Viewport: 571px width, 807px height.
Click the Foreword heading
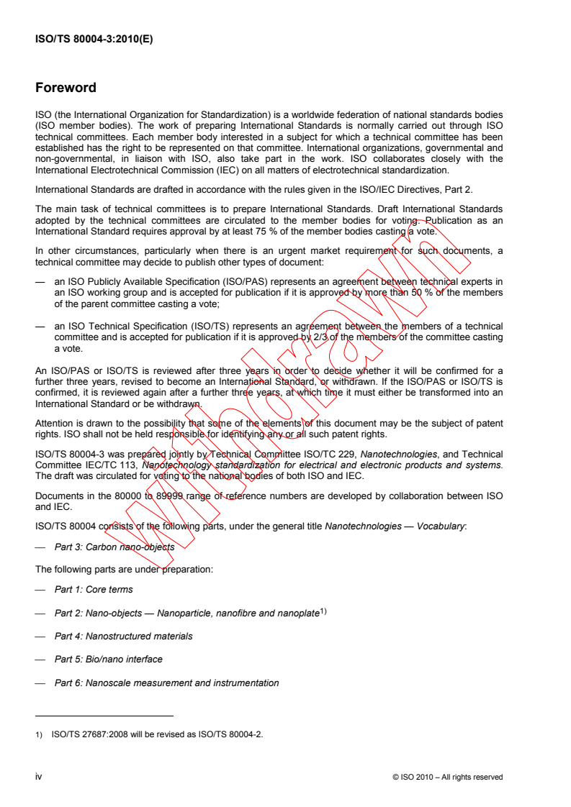click(x=66, y=88)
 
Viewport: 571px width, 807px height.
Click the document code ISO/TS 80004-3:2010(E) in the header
click(x=94, y=40)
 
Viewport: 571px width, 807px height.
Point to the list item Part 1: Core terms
click(x=94, y=590)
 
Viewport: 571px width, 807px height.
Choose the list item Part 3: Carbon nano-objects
click(x=114, y=547)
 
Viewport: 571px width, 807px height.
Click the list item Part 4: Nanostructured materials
click(x=123, y=636)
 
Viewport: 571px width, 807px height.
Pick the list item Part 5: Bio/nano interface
click(x=108, y=659)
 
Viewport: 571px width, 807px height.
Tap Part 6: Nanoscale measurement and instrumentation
click(x=166, y=683)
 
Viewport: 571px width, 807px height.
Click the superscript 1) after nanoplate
click(x=323, y=611)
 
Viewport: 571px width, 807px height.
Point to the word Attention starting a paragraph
click(x=55, y=423)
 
